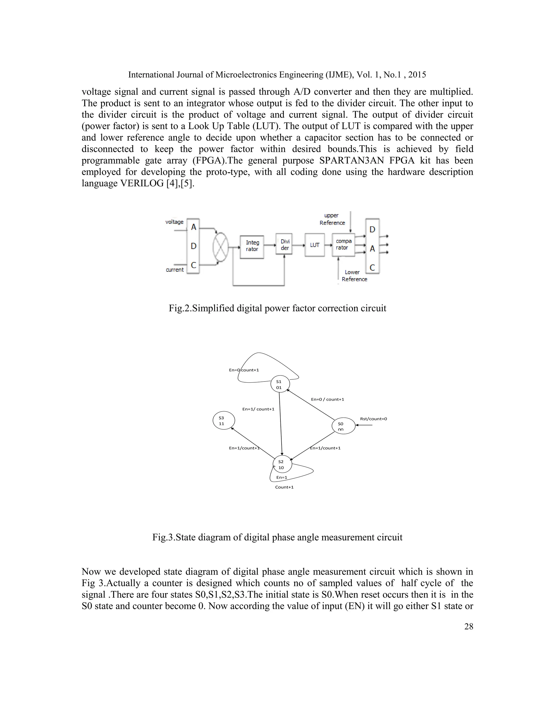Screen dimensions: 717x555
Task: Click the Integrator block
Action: (x=252, y=246)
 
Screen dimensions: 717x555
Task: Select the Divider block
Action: (x=284, y=244)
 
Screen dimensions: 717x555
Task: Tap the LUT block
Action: (x=315, y=245)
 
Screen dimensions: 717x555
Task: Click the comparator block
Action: (x=344, y=245)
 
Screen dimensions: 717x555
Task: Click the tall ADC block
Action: (x=193, y=246)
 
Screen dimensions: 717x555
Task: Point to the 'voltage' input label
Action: (x=174, y=222)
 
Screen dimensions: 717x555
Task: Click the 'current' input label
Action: (x=175, y=269)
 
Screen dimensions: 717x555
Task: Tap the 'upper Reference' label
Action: (x=332, y=219)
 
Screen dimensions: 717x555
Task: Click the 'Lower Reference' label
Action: (x=354, y=276)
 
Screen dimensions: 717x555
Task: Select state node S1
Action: (x=280, y=384)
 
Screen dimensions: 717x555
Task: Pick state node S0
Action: (x=344, y=426)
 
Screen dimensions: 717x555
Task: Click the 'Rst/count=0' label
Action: (x=373, y=419)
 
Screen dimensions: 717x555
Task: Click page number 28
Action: (x=469, y=626)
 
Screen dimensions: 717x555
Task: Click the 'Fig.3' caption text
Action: (x=277, y=537)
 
